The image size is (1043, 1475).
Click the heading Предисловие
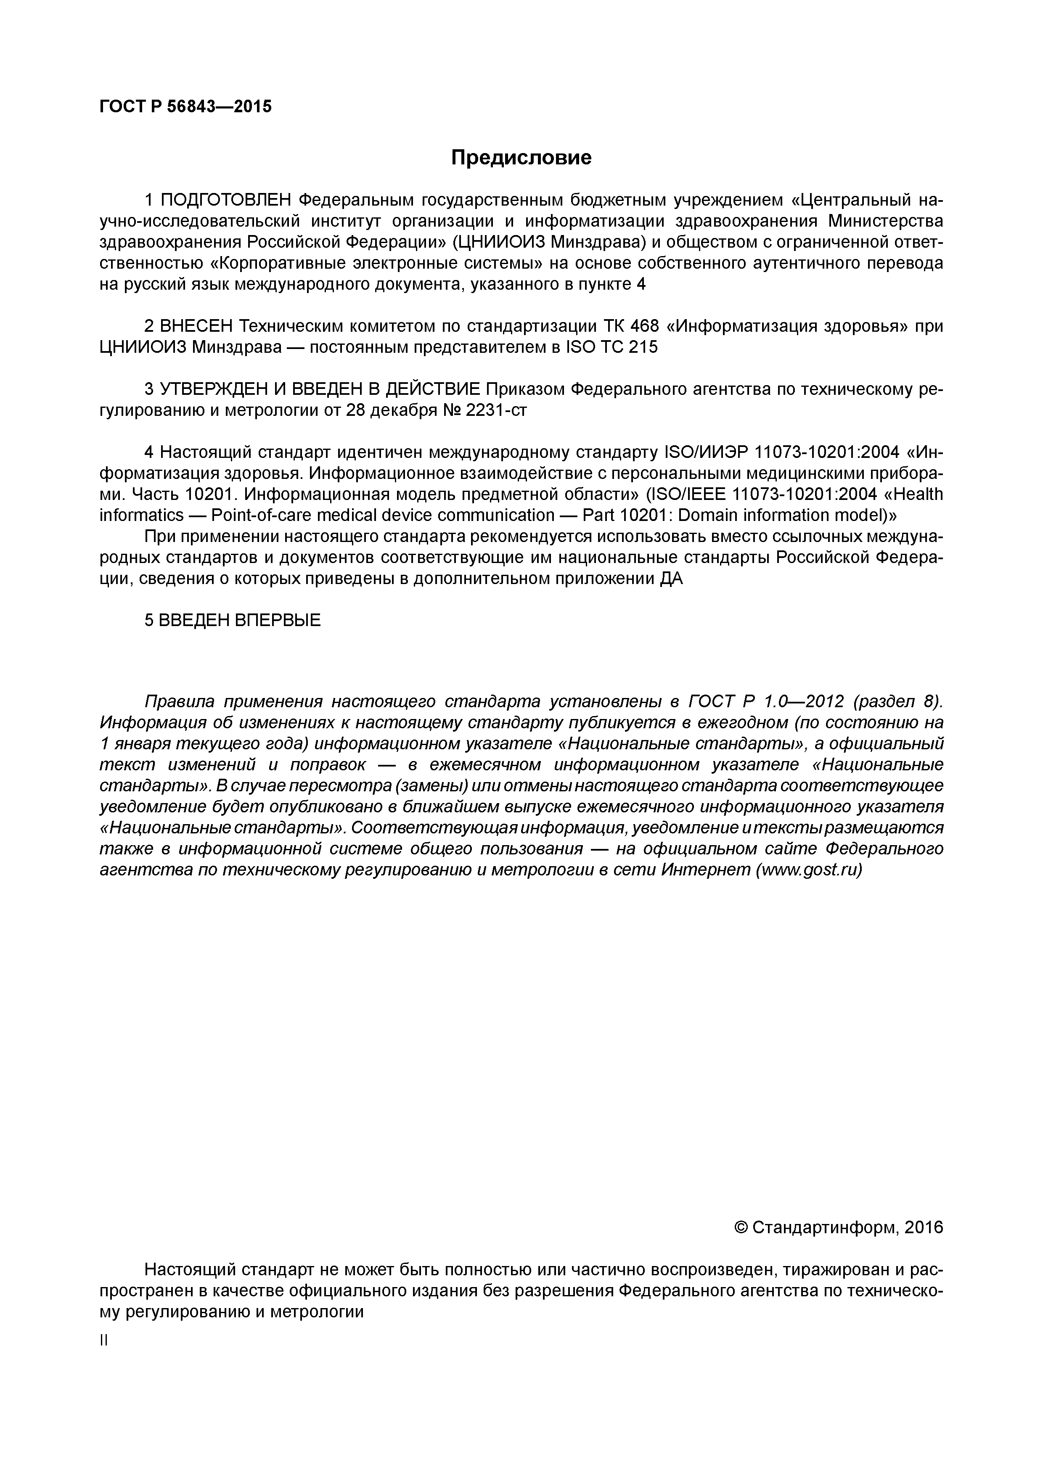(521, 157)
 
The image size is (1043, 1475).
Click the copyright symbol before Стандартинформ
(741, 1228)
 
